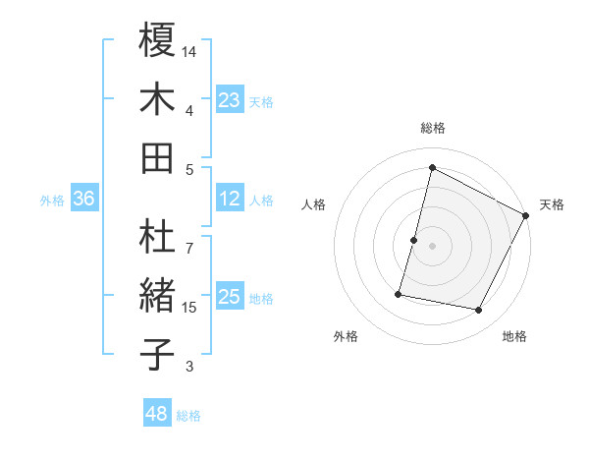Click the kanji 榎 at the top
157,40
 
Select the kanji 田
157,156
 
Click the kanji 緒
157,296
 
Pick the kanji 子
157,354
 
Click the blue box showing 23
229,99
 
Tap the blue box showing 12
229,199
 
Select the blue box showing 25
229,297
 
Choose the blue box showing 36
84,199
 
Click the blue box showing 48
157,415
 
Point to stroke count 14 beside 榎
189,50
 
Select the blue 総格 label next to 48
189,416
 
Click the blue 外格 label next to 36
52,200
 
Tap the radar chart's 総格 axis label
432,128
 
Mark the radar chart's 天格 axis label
552,204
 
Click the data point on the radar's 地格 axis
479,310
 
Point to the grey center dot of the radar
432,245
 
